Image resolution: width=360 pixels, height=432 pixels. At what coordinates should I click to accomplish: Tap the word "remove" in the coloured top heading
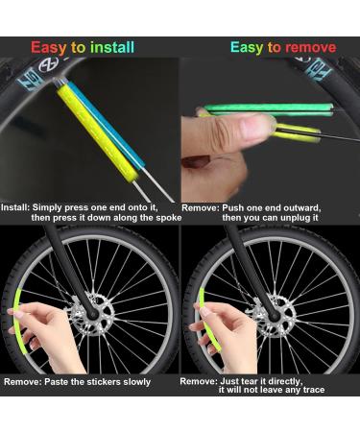pos(309,47)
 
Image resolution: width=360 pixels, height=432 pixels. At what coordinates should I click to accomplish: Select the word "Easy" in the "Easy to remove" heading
pos(247,47)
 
